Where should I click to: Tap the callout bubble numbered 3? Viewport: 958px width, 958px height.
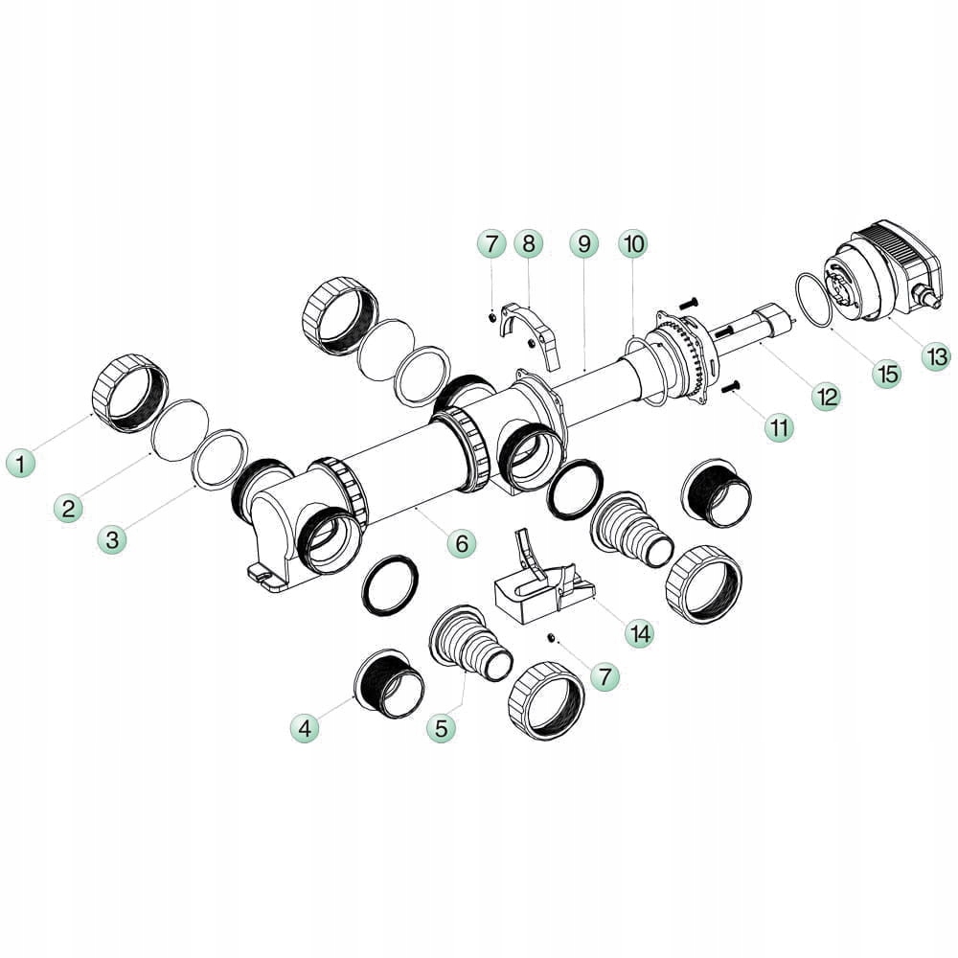[114, 539]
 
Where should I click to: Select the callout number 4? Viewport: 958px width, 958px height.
[306, 728]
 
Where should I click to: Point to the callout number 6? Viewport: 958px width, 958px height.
[461, 543]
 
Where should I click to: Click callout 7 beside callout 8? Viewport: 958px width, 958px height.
[491, 244]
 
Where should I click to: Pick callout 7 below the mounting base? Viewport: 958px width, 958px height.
[604, 676]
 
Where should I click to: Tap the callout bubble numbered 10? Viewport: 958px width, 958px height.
[632, 244]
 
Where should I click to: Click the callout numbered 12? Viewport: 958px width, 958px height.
[826, 396]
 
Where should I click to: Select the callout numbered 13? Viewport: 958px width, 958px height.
[936, 357]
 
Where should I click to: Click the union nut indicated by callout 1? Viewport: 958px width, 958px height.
[130, 393]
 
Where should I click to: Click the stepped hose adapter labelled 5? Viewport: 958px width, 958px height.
[469, 647]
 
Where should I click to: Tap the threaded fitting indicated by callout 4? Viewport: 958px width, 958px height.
[388, 682]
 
